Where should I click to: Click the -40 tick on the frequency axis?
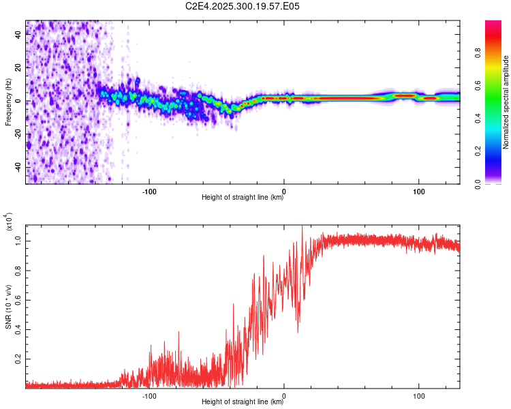16,167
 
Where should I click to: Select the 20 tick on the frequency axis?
18,68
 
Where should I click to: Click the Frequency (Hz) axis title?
7,102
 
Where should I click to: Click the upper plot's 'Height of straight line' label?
243,198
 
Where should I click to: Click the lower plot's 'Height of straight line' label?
243,402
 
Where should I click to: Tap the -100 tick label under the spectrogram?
149,190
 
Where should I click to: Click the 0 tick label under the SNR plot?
284,395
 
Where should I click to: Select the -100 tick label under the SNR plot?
149,395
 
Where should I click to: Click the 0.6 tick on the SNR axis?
18,299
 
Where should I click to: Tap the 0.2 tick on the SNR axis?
18,358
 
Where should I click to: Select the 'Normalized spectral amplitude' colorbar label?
506,102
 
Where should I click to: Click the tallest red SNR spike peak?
303,227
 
